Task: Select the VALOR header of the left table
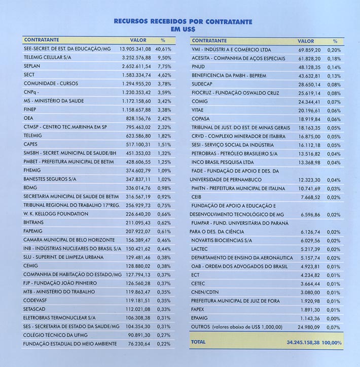[138, 40]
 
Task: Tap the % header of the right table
[335, 41]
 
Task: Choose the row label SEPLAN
[33, 66]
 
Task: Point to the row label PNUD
[199, 67]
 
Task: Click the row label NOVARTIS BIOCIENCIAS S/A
[222, 240]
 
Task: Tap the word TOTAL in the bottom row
[199, 342]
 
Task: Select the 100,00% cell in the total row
[333, 343]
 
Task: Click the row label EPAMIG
[200, 318]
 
